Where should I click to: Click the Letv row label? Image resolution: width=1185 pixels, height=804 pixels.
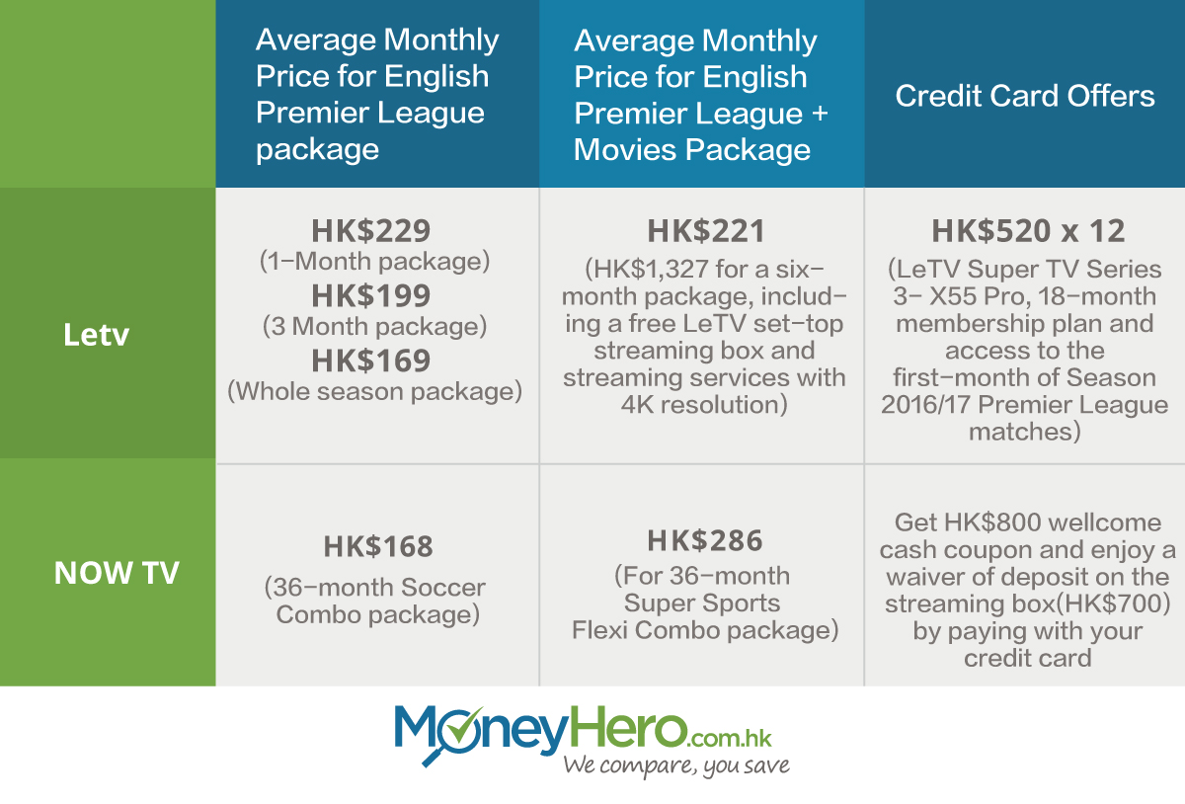click(x=96, y=335)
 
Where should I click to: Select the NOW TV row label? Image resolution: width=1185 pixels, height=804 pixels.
click(x=117, y=573)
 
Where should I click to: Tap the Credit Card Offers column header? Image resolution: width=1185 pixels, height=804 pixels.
click(x=1025, y=96)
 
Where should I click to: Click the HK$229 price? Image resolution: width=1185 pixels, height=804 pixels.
click(x=370, y=231)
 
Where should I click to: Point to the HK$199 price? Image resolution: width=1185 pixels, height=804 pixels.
click(x=370, y=295)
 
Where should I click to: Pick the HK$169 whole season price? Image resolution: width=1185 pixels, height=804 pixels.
click(x=370, y=361)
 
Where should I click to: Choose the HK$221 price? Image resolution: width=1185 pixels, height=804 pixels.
click(x=706, y=231)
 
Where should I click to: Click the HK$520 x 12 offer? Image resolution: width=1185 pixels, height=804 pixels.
click(x=1028, y=231)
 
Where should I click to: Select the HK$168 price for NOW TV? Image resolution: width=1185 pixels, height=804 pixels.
click(x=378, y=546)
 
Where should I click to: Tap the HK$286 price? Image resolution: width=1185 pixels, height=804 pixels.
click(x=705, y=540)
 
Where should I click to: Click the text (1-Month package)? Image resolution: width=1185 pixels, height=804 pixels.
click(x=374, y=262)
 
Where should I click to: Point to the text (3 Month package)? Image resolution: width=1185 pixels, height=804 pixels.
click(x=374, y=327)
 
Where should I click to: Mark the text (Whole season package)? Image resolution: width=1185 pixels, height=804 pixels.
click(x=374, y=392)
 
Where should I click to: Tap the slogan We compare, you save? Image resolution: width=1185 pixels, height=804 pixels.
click(x=676, y=765)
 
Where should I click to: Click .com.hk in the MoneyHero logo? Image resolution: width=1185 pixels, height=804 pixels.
click(x=730, y=738)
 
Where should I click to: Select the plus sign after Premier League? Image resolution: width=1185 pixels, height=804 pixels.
click(x=820, y=114)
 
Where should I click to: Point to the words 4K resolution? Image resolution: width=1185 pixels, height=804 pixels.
click(x=703, y=405)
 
